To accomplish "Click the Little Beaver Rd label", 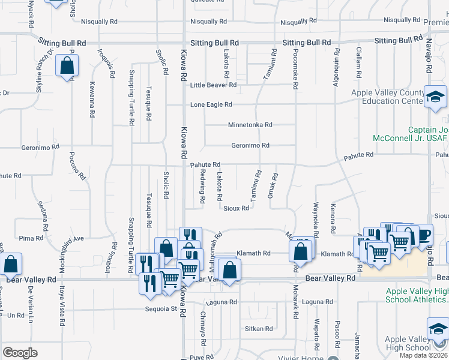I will [x=213, y=85].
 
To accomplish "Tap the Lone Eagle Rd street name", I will [x=211, y=104].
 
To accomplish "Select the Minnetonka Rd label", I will [x=250, y=125].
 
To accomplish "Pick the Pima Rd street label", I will [x=31, y=238].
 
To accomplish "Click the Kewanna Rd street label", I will [x=92, y=99].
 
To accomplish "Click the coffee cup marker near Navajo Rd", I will [x=424, y=235].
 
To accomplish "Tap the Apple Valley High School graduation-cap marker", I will [x=437, y=329].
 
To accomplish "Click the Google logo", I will [x=20, y=353].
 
